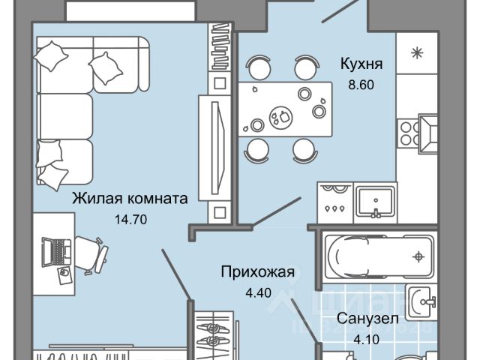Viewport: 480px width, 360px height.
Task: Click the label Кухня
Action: coord(361,65)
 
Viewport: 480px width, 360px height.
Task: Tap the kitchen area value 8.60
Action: coord(361,84)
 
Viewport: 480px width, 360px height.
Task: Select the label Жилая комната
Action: coord(129,199)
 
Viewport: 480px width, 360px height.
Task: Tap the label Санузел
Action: coord(363,318)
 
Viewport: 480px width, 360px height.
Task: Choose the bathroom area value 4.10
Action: coord(363,338)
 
